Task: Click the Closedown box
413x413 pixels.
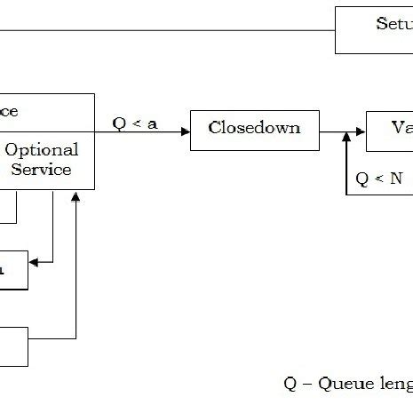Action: point(253,128)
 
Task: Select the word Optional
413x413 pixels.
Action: point(42,149)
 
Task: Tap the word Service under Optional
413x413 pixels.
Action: point(41,169)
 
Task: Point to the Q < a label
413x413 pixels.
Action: point(135,123)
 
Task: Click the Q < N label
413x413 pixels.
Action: point(378,178)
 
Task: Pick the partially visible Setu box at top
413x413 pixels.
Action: point(373,30)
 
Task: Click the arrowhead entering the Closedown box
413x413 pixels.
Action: point(186,131)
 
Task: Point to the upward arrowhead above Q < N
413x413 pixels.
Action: point(345,143)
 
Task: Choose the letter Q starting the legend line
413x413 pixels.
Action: point(290,384)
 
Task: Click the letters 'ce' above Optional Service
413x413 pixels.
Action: point(10,111)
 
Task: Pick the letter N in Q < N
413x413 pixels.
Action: point(395,178)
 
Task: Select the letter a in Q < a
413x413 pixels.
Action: point(152,123)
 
